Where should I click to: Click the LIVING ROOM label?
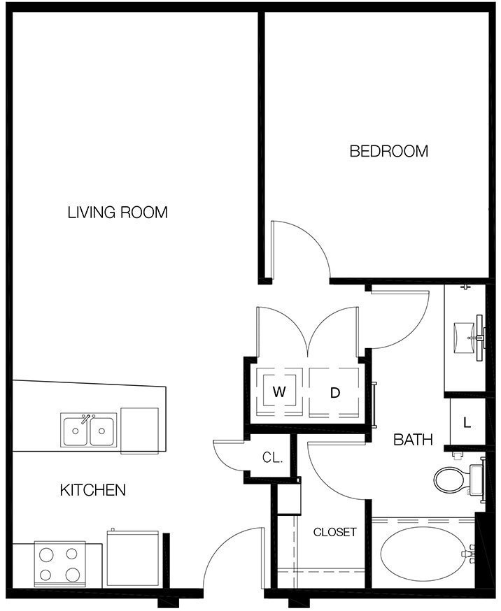[118, 213]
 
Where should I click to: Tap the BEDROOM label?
[389, 151]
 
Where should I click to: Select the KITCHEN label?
[93, 490]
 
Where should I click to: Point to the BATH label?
[414, 440]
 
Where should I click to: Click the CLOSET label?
[335, 532]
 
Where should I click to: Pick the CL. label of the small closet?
[272, 457]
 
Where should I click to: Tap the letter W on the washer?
[279, 391]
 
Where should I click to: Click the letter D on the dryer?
[335, 393]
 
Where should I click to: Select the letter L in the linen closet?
[467, 422]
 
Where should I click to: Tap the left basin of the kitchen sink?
[76, 431]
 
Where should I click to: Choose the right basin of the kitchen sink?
[102, 431]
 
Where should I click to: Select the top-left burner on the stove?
[47, 554]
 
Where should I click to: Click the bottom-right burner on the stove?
[73, 575]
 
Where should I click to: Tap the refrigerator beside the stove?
[132, 558]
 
